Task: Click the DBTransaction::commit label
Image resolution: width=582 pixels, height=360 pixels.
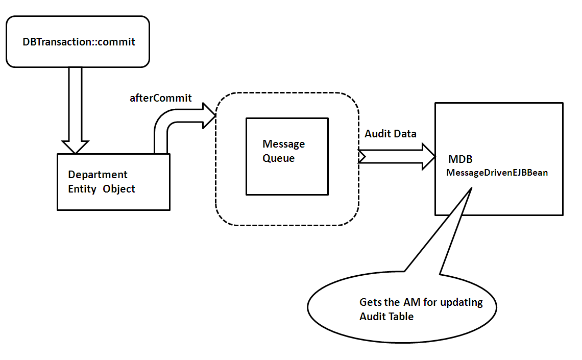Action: point(79,42)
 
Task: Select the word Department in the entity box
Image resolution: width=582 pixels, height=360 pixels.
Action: point(98,175)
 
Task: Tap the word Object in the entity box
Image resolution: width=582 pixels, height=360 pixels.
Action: point(118,189)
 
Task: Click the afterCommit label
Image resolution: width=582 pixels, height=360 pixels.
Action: point(160,98)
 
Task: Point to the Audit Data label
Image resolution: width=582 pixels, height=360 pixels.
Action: point(390,134)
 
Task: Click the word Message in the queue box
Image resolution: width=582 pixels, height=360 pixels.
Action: point(283,144)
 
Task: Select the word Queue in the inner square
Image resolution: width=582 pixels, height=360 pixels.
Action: point(278,158)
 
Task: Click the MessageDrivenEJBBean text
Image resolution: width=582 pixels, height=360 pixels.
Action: point(497,173)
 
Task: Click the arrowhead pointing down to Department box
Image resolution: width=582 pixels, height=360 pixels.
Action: point(75,147)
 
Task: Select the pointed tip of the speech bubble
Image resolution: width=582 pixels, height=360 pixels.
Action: point(470,189)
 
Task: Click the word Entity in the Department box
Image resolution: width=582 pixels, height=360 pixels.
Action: point(82,189)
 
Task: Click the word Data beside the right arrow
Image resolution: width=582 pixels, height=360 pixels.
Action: point(404,134)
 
